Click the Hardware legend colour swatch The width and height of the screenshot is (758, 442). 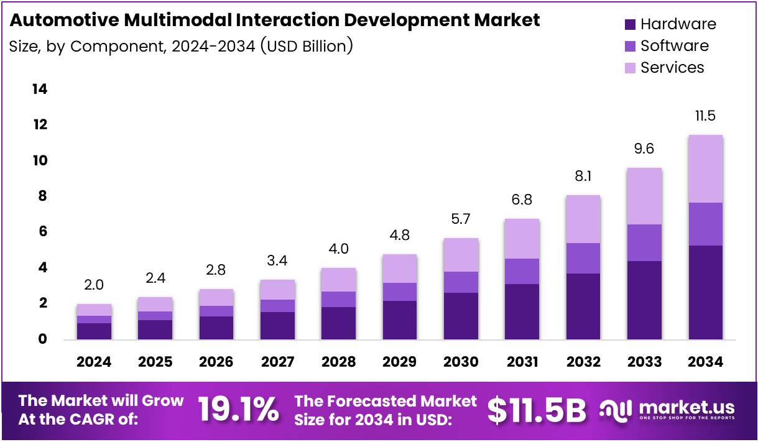pyautogui.click(x=631, y=24)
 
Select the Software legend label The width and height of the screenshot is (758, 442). pyautogui.click(x=674, y=46)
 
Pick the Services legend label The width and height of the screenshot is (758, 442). pyautogui.click(x=672, y=68)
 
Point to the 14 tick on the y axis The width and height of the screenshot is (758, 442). pyautogui.click(x=39, y=90)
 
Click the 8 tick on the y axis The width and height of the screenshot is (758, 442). pyautogui.click(x=40, y=196)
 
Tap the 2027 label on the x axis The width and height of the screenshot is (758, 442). pyautogui.click(x=277, y=362)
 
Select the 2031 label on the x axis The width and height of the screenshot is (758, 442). pyautogui.click(x=522, y=362)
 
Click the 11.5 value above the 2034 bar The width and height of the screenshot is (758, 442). pyautogui.click(x=705, y=116)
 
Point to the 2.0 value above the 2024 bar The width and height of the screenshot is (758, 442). pyautogui.click(x=94, y=285)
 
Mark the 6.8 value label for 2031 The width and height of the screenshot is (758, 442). pyautogui.click(x=522, y=200)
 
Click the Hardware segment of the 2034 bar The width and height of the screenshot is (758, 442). pyautogui.click(x=705, y=292)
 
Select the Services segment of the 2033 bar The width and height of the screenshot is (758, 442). pyautogui.click(x=644, y=196)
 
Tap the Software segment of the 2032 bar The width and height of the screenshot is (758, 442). pyautogui.click(x=583, y=258)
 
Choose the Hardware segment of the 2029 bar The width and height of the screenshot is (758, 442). pyautogui.click(x=400, y=320)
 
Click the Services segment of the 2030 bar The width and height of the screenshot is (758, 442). pyautogui.click(x=461, y=255)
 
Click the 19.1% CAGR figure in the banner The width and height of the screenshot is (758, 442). pyautogui.click(x=238, y=410)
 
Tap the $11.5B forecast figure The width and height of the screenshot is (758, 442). pyautogui.click(x=537, y=410)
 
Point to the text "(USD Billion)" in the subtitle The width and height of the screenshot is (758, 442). pyautogui.click(x=307, y=46)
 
